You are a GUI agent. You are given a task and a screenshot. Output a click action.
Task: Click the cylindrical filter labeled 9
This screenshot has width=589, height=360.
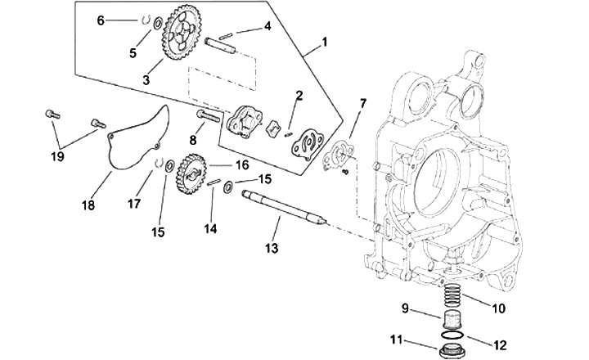(x=452, y=320)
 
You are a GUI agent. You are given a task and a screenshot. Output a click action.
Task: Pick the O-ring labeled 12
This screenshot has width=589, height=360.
(x=452, y=335)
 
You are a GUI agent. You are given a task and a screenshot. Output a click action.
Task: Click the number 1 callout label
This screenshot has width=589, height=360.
(x=324, y=42)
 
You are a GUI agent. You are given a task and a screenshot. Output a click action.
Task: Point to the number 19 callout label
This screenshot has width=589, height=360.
(x=57, y=156)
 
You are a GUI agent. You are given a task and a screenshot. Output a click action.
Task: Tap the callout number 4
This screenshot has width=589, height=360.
(x=268, y=26)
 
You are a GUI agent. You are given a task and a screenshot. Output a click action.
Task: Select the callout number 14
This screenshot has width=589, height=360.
(x=210, y=228)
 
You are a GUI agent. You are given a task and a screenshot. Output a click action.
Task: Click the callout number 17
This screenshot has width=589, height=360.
(x=133, y=204)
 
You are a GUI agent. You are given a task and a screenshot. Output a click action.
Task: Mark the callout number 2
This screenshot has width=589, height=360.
(x=299, y=96)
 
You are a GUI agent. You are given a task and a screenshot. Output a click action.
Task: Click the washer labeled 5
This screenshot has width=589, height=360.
(x=158, y=23)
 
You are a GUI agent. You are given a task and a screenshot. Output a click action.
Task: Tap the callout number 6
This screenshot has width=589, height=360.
(x=101, y=20)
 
